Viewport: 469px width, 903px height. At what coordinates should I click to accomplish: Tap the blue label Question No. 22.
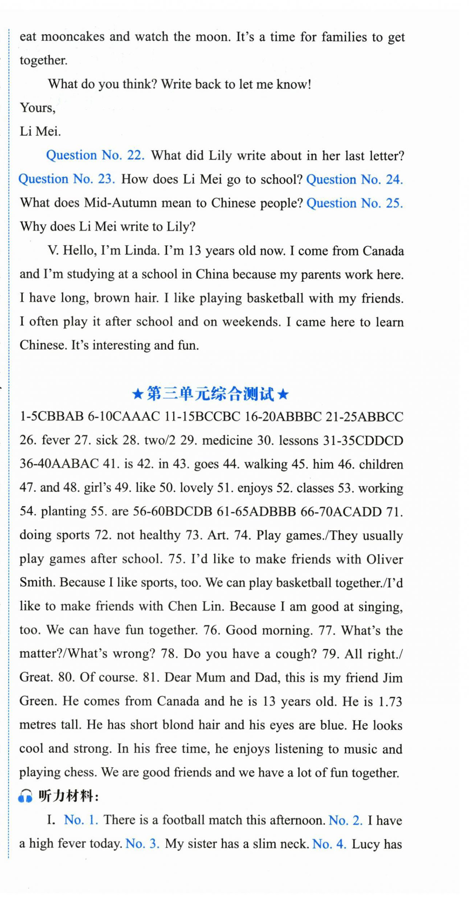pyautogui.click(x=95, y=155)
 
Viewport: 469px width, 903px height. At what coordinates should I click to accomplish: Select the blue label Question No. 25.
pyautogui.click(x=354, y=203)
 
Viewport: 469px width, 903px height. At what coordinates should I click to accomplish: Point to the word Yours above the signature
pyautogui.click(x=37, y=108)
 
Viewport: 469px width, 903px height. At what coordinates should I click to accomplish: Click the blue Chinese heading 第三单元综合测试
pyautogui.click(x=210, y=394)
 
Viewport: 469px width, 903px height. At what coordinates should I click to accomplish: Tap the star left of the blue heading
pyautogui.click(x=138, y=394)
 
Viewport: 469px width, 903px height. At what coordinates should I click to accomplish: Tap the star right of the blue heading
pyautogui.click(x=283, y=394)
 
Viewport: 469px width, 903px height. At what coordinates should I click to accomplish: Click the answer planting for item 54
pyautogui.click(x=63, y=511)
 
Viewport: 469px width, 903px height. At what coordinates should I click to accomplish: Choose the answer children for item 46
pyautogui.click(x=381, y=464)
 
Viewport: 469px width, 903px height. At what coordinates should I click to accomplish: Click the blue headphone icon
pyautogui.click(x=25, y=797)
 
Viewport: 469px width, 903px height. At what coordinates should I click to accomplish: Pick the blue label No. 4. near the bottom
pyautogui.click(x=329, y=844)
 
